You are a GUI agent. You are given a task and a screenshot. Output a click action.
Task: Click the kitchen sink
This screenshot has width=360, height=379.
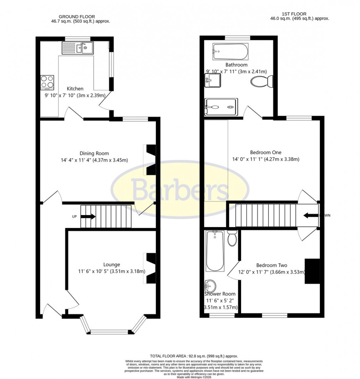click(78, 48)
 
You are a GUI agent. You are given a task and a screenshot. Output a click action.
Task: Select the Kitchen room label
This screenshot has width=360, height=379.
click(75, 89)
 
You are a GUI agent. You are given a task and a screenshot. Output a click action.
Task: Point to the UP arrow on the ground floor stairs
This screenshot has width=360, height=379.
click(88, 216)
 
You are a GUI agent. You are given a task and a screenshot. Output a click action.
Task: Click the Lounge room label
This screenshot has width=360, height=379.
click(112, 264)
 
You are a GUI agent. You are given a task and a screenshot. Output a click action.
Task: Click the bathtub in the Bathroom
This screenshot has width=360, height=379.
click(230, 52)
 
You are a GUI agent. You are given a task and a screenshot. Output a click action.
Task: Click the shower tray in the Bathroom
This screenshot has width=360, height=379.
click(221, 107)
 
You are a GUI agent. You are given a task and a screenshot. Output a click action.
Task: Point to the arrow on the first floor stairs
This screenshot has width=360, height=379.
click(311, 215)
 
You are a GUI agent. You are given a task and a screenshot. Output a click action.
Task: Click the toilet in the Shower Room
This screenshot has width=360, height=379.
click(232, 238)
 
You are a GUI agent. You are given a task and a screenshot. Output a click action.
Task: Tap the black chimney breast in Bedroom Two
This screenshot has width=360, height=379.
click(312, 271)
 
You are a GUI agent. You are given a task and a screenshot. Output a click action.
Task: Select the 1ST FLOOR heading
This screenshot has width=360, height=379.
click(289, 14)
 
